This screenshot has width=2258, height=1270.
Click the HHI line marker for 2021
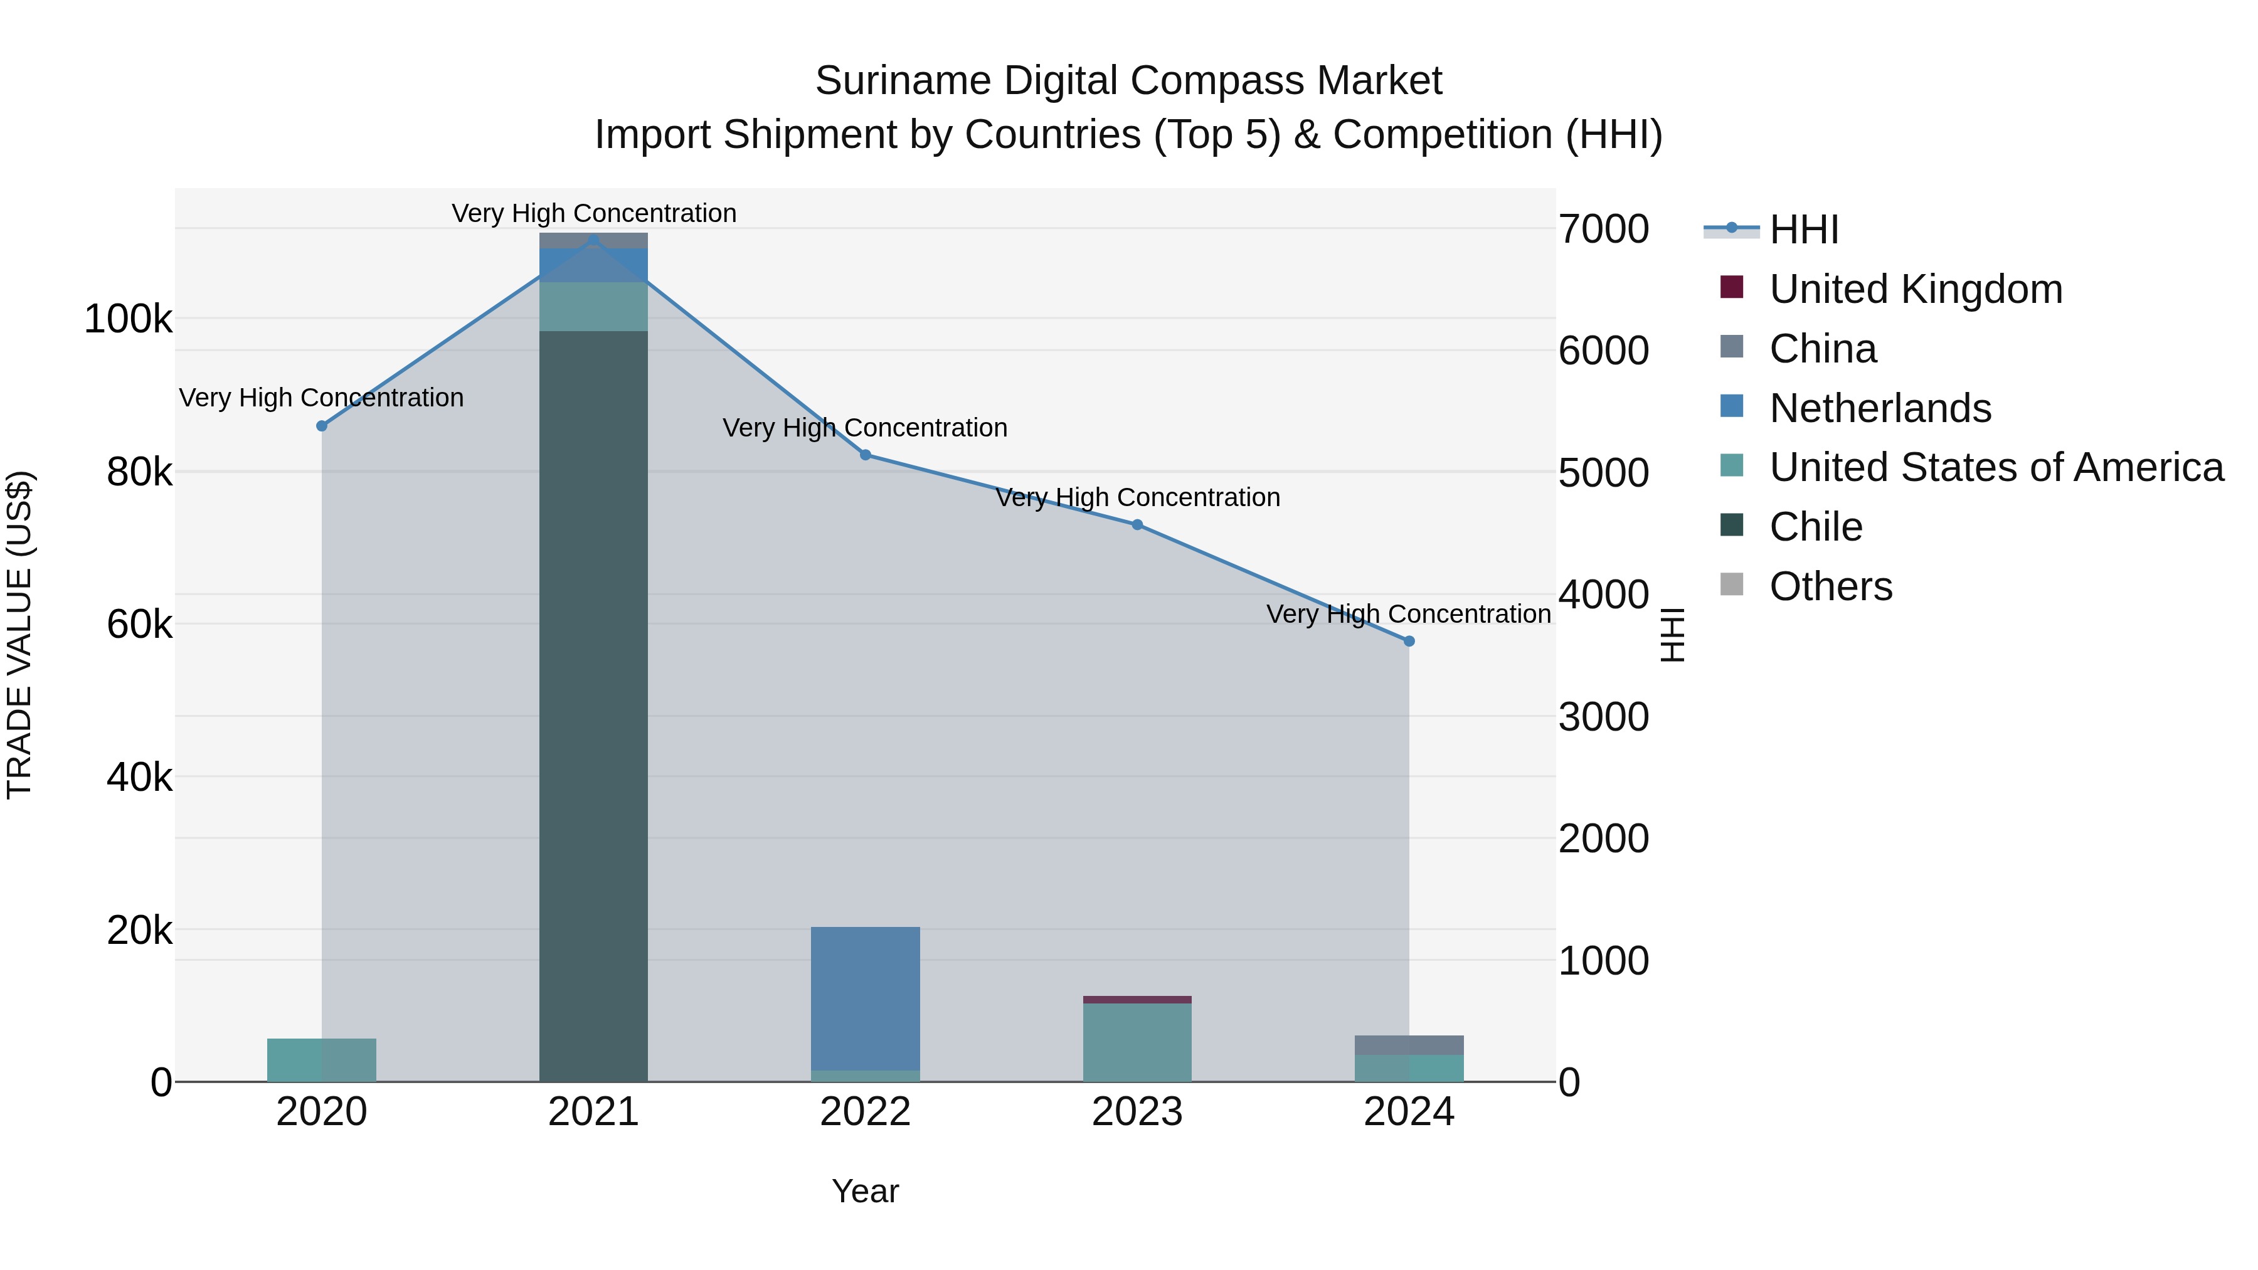(593, 240)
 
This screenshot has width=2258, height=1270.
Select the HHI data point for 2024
(1409, 641)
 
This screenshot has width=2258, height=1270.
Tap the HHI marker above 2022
(865, 455)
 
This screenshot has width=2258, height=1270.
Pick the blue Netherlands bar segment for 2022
(865, 998)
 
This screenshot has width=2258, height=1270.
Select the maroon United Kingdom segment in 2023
(1137, 999)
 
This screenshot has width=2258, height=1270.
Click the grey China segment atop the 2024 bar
(1409, 1045)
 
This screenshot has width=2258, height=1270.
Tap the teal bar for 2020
(322, 1060)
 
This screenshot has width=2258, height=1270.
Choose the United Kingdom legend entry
(1916, 289)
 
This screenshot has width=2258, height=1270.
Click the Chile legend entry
(1815, 527)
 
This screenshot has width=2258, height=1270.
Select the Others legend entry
(1830, 586)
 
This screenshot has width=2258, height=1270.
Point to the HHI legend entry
(1803, 230)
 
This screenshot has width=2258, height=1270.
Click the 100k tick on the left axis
(128, 319)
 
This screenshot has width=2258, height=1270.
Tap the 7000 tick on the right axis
(1603, 230)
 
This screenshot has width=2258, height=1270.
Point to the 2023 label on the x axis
(1137, 1112)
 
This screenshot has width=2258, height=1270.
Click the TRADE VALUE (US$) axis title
(19, 635)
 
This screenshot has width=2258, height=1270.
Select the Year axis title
(865, 1191)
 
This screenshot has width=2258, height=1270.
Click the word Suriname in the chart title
(903, 81)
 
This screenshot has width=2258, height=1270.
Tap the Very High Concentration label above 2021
(593, 213)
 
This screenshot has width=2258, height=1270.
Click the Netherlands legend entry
(1880, 408)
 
